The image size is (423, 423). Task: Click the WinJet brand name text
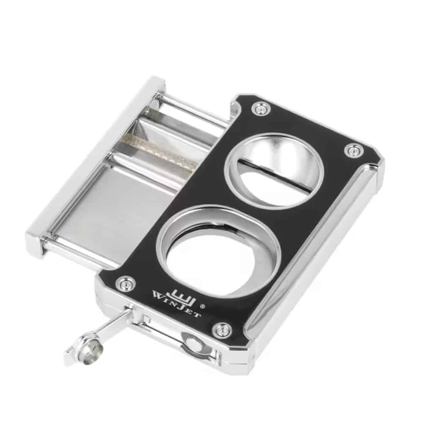pyautogui.click(x=176, y=304)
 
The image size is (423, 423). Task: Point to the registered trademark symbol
pyautogui.click(x=203, y=306)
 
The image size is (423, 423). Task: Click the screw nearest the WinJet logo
pyautogui.click(x=125, y=283)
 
